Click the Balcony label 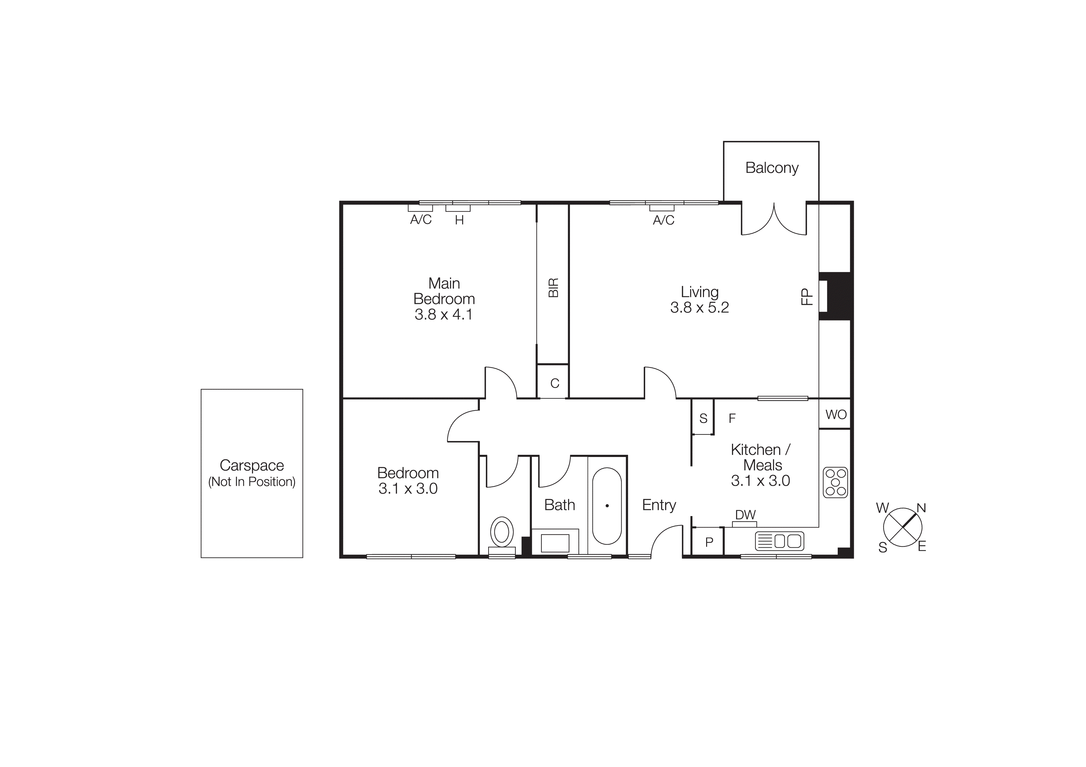tap(771, 168)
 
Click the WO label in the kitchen tap(836, 415)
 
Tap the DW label tap(745, 515)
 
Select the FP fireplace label tap(806, 297)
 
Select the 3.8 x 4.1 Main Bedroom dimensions tap(443, 315)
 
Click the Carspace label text tap(252, 466)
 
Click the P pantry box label tap(709, 542)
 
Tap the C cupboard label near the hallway tap(554, 383)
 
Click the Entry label tap(659, 505)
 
